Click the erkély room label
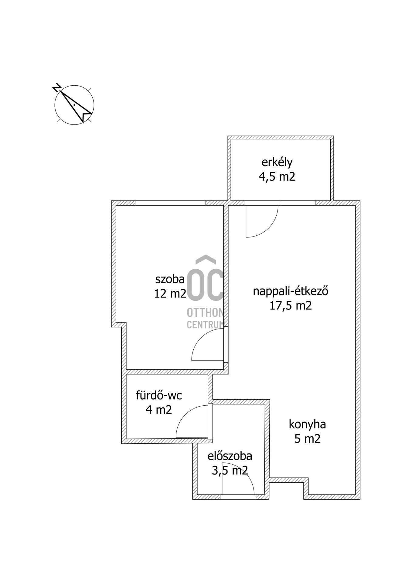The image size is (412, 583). [277, 162]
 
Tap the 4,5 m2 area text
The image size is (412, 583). [277, 176]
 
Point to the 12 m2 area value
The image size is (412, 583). [170, 293]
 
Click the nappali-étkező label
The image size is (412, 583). [291, 291]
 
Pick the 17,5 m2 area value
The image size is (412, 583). [291, 305]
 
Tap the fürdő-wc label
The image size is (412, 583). [159, 395]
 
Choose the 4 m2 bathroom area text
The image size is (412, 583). [159, 410]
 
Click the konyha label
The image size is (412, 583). [307, 424]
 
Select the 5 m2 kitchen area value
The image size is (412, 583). [307, 439]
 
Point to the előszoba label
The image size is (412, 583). [230, 456]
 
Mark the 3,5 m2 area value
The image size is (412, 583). [230, 471]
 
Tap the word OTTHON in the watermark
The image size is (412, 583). [206, 312]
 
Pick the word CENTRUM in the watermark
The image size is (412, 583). [206, 325]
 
